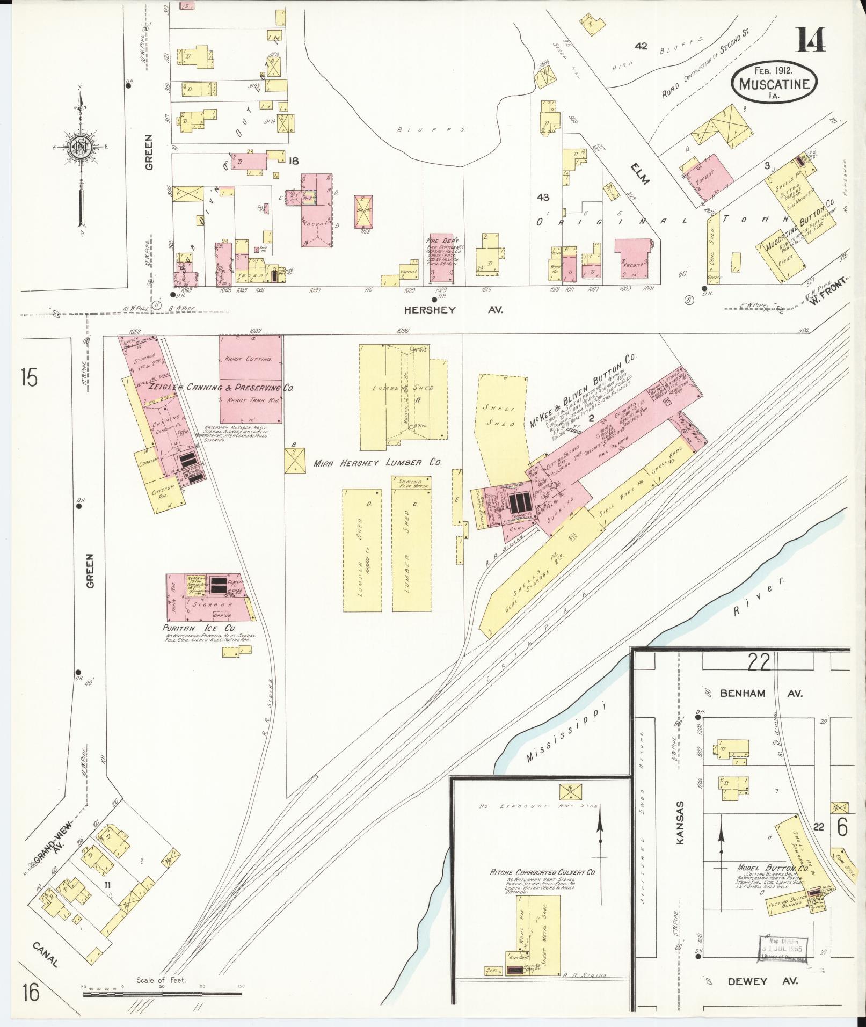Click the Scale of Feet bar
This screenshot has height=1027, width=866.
coord(162,994)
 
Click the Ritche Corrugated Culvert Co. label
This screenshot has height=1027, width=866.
coord(542,872)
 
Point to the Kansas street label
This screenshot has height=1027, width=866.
coord(681,831)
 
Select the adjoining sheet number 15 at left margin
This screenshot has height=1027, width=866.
coord(30,377)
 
